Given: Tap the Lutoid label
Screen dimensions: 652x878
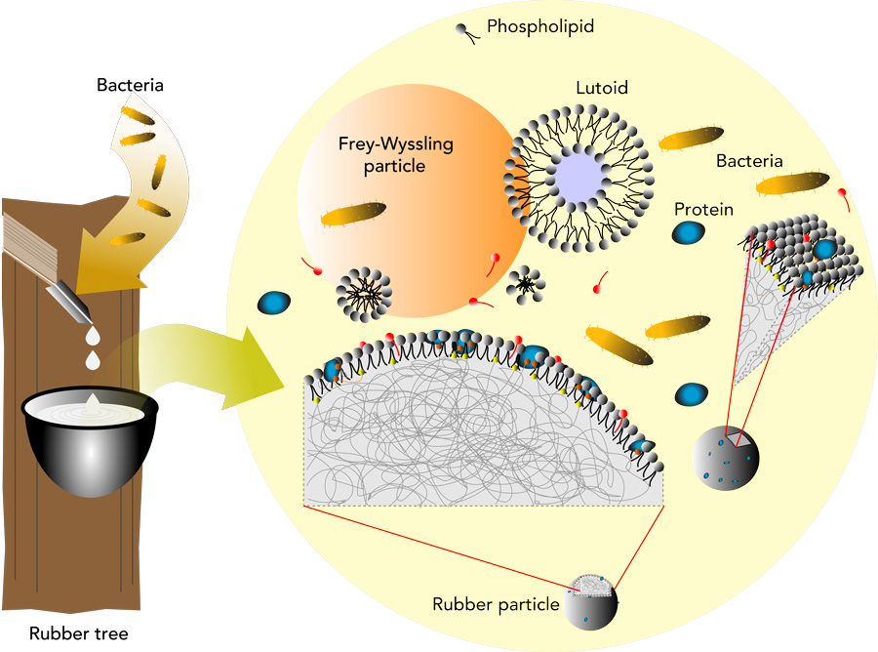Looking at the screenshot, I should click(600, 88).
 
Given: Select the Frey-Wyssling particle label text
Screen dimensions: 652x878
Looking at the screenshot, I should click(390, 155).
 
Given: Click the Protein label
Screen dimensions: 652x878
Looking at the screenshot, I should click(703, 209).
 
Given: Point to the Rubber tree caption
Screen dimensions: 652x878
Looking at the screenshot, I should click(78, 632).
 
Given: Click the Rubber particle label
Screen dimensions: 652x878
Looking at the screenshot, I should click(495, 604).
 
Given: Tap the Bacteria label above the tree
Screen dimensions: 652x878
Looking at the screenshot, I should click(130, 85).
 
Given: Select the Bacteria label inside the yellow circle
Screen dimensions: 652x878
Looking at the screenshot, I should click(749, 160).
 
